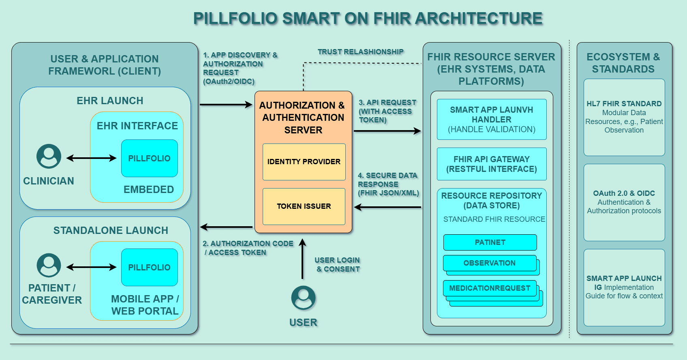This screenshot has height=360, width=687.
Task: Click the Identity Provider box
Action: (x=304, y=162)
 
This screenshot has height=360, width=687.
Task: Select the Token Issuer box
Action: (x=304, y=206)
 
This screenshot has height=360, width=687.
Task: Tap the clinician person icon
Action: (x=49, y=156)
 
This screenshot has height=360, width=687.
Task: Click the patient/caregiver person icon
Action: (x=49, y=266)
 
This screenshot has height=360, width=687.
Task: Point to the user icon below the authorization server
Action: (x=303, y=298)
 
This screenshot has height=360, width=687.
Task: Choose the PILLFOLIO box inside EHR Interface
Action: (x=149, y=159)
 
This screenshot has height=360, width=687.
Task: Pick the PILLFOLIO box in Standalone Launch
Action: (x=149, y=268)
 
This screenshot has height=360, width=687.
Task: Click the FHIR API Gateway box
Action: (x=491, y=164)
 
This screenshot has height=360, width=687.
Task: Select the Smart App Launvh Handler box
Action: (x=491, y=120)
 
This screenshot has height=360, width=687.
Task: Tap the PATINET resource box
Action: (x=490, y=242)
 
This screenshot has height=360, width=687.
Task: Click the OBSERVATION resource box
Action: (x=490, y=263)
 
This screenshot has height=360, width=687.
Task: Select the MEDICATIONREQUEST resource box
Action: (x=490, y=288)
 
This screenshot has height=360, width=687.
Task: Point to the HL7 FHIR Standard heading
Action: (x=624, y=104)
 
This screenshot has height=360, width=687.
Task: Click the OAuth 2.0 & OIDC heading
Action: (x=624, y=193)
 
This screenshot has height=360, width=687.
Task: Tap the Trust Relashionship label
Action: (x=360, y=52)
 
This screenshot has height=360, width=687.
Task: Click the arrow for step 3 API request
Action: (x=387, y=131)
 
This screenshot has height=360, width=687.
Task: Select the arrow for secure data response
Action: (x=387, y=207)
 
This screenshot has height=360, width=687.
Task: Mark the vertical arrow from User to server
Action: (x=302, y=259)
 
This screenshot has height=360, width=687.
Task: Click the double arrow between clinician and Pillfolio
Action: (x=91, y=158)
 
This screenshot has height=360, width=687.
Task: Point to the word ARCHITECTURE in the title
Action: (x=478, y=19)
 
